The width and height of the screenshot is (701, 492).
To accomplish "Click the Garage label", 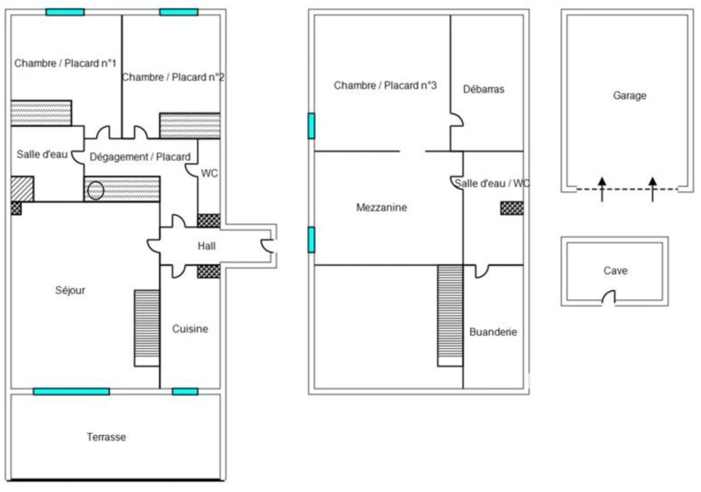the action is click(x=630, y=95).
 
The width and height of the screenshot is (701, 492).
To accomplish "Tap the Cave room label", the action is click(x=615, y=271).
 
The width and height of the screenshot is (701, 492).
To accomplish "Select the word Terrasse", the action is click(x=106, y=437).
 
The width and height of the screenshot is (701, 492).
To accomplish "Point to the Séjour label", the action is click(x=71, y=290).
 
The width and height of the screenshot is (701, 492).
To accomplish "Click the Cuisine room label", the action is click(x=190, y=329).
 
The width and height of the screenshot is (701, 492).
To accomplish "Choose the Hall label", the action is click(x=207, y=245).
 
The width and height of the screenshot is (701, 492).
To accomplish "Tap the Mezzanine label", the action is click(x=381, y=207).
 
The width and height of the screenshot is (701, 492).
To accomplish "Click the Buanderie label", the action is click(x=493, y=332).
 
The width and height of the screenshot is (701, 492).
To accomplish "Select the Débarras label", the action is click(x=483, y=89).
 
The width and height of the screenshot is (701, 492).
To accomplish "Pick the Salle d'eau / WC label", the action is click(x=492, y=183).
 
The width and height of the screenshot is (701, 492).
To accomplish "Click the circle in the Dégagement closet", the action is click(x=95, y=190).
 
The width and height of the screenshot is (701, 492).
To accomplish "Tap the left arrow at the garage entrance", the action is click(x=602, y=189).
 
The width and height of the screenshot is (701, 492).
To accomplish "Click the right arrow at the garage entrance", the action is click(x=652, y=189).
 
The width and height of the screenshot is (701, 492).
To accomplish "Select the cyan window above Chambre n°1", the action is click(x=65, y=12).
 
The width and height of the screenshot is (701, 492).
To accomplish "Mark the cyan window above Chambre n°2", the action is click(x=179, y=12).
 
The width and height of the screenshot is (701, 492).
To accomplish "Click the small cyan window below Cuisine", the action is click(x=185, y=392).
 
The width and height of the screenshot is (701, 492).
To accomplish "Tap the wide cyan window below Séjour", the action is click(x=71, y=392).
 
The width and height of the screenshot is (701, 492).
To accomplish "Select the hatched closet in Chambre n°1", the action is click(x=41, y=113).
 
